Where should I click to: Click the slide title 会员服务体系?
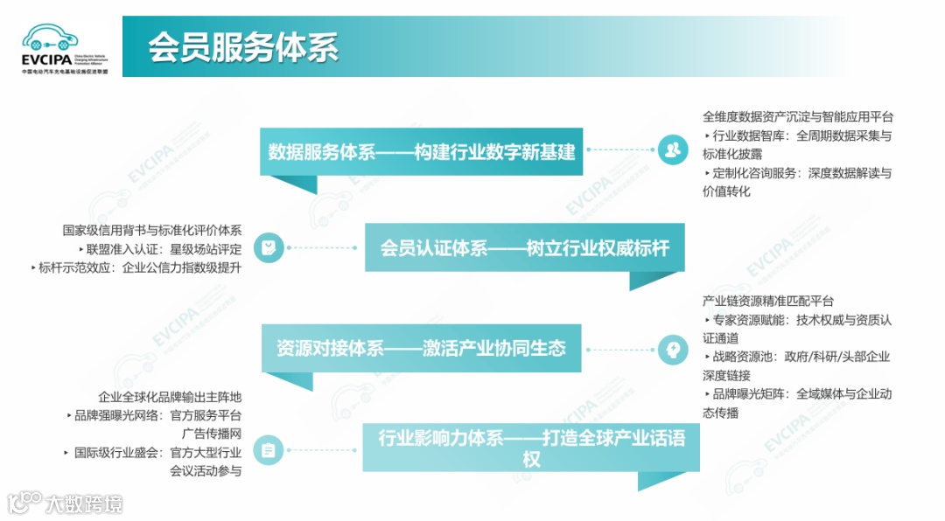tap(242, 47)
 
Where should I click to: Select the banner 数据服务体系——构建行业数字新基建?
tap(422, 151)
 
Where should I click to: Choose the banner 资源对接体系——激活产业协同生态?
tap(421, 348)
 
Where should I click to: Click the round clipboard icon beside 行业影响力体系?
tap(269, 450)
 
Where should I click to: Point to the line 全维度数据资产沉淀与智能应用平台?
tap(798, 116)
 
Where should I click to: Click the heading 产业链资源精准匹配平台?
tap(768, 301)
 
